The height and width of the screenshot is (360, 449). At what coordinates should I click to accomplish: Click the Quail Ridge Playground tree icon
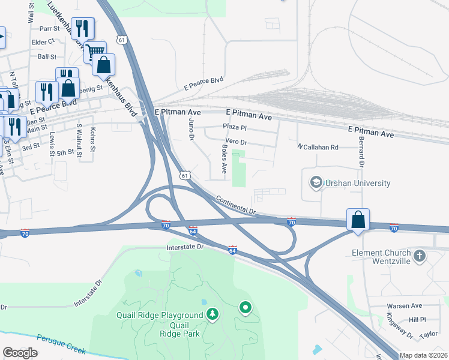coord(212,313)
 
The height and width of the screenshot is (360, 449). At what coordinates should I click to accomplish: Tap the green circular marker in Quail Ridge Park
coord(245,308)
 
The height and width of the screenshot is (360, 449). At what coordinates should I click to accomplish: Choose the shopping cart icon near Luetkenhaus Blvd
coord(94,52)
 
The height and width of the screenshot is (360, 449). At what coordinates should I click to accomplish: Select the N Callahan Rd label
coord(318,147)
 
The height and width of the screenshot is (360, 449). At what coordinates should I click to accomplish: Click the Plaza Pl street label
coord(235,127)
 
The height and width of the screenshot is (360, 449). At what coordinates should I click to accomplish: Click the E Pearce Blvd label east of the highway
coord(203,83)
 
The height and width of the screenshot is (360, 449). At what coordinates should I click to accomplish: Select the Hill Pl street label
coord(417,320)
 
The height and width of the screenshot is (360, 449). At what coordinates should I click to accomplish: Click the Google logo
coord(20,353)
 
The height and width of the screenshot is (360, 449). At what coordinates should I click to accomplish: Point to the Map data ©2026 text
coord(423,355)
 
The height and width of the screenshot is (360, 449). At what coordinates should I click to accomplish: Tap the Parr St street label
coord(47,28)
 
